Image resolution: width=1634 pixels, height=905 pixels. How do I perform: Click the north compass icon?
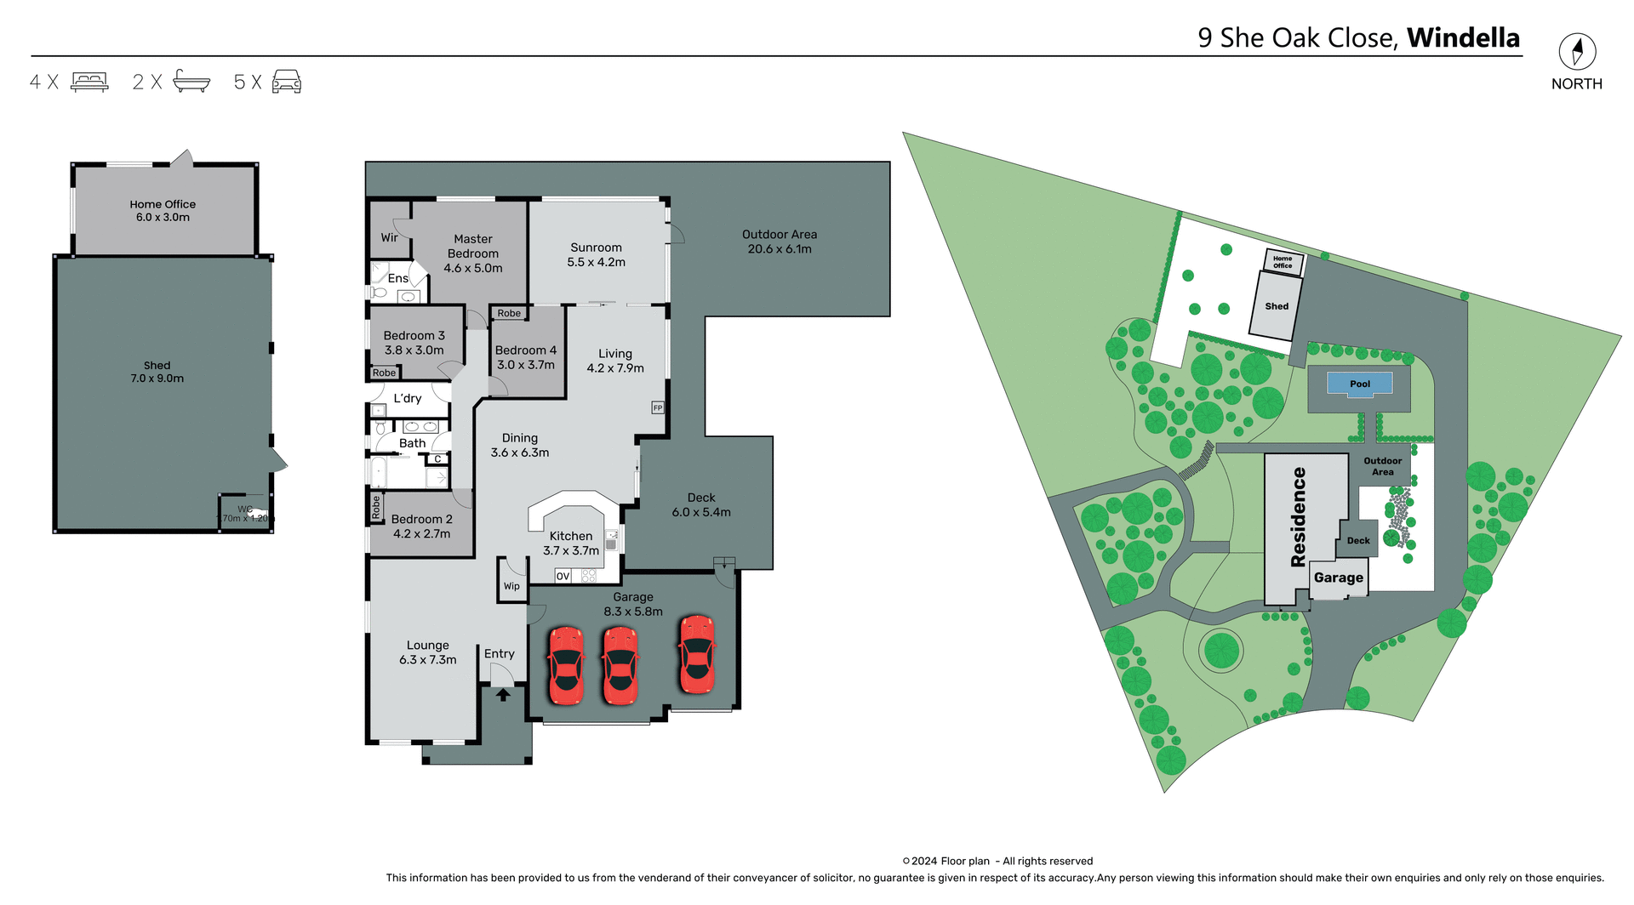click(1577, 52)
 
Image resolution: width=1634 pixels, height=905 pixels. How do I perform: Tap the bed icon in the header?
click(89, 82)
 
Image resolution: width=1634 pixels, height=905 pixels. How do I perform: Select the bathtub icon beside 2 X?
click(191, 82)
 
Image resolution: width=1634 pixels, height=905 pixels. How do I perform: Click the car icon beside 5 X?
click(287, 82)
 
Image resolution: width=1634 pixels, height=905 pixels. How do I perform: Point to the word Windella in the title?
click(1463, 38)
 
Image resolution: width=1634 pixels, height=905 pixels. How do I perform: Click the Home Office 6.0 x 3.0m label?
click(163, 211)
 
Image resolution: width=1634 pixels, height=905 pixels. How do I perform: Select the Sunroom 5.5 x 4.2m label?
click(596, 255)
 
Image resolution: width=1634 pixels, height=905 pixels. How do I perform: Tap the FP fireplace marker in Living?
click(657, 408)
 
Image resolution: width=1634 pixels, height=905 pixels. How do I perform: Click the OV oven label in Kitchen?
click(563, 577)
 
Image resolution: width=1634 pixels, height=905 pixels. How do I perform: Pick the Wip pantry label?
click(511, 586)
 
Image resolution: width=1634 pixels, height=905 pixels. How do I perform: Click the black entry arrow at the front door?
click(503, 695)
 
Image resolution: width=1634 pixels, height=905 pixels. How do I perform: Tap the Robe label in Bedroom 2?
click(376, 508)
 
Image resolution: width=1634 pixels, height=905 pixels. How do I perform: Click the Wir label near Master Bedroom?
click(389, 238)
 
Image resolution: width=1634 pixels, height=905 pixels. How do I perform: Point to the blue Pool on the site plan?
click(1360, 384)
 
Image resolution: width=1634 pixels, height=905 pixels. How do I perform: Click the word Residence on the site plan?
click(1299, 517)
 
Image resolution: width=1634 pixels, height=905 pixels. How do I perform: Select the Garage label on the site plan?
click(1338, 578)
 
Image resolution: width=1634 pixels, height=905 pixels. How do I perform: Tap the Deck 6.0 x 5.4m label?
click(701, 505)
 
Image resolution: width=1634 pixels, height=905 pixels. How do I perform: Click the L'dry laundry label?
click(408, 398)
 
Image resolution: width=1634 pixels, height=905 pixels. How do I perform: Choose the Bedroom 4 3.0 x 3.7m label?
click(526, 357)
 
